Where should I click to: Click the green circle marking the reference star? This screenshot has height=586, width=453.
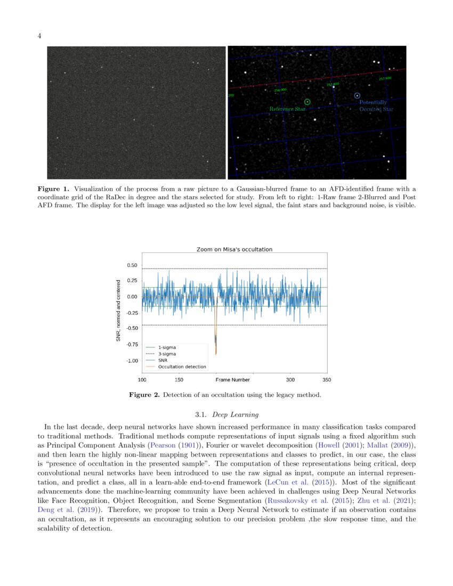click(307, 101)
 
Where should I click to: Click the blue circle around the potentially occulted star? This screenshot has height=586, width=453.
click(357, 95)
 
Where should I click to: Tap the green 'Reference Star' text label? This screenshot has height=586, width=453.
click(288, 109)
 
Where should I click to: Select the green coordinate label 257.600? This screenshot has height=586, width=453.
click(385, 78)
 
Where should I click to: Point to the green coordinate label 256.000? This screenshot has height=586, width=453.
click(280, 90)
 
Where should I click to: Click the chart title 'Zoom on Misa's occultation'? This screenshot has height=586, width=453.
click(234, 249)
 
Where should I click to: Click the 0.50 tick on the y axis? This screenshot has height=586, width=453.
click(132, 265)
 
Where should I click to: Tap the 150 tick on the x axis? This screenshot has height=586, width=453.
click(179, 380)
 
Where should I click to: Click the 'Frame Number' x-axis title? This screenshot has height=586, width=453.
click(232, 380)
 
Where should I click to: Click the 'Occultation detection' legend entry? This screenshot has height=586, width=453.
click(182, 367)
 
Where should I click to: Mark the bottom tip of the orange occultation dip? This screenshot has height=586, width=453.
click(216, 354)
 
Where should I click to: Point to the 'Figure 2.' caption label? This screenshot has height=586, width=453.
click(144, 395)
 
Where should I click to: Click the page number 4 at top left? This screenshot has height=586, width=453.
click(39, 36)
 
